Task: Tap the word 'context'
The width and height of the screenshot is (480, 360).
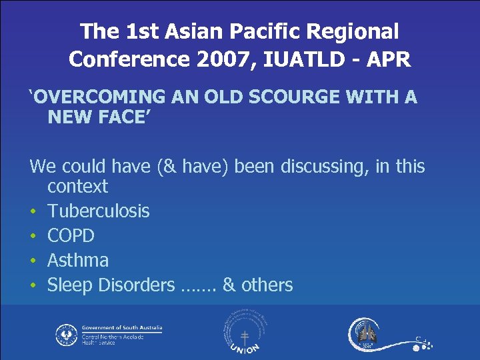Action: pos(77,186)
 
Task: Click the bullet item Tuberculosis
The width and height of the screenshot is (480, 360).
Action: pos(98,211)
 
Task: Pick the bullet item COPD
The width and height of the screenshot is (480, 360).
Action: pos(71,236)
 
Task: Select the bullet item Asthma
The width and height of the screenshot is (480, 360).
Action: pos(77,260)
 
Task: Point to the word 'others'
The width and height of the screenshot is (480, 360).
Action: pos(266,285)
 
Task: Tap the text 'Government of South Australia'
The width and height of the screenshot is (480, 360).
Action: pos(121,328)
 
